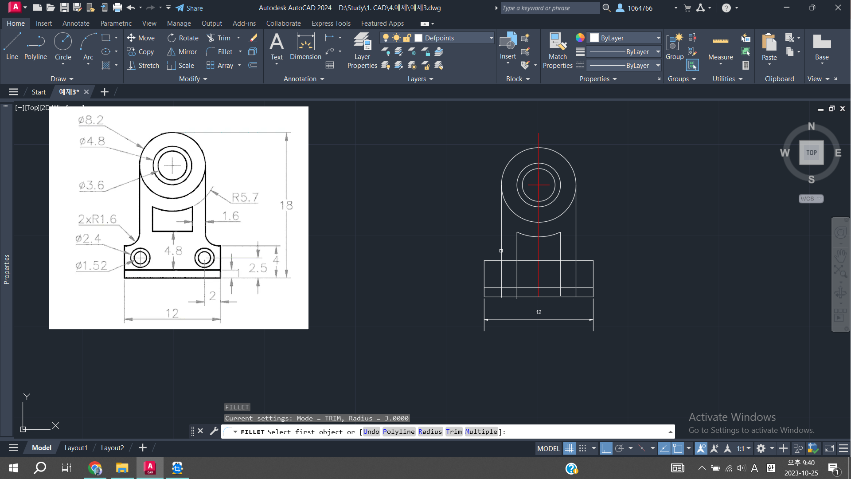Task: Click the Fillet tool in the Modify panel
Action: tap(219, 52)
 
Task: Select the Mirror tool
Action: tap(182, 52)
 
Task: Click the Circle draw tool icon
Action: tap(63, 42)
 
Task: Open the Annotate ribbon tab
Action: tap(76, 24)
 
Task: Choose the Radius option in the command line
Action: tap(430, 432)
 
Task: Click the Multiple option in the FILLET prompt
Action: tap(481, 432)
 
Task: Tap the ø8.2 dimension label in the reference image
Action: tap(90, 120)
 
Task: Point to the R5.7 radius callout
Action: tap(245, 197)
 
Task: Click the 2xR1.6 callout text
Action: tap(97, 219)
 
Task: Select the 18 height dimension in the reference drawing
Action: tap(286, 205)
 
